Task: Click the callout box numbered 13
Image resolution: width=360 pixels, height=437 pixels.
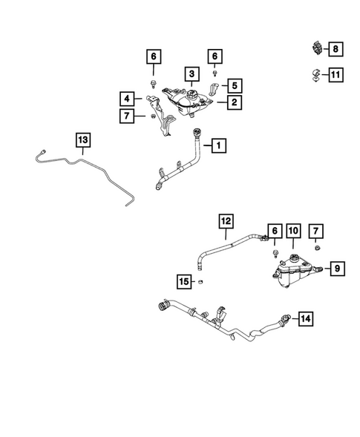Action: click(x=83, y=140)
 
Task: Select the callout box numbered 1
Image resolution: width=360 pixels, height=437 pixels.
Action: click(x=219, y=145)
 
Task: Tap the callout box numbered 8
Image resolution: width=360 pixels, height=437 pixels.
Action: click(x=336, y=49)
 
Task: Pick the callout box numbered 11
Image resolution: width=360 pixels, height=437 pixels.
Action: click(x=336, y=75)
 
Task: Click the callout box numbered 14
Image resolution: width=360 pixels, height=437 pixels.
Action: click(x=306, y=318)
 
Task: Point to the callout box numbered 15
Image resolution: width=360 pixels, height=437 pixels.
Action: click(x=184, y=281)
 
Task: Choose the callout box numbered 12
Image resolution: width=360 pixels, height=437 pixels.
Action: click(x=226, y=221)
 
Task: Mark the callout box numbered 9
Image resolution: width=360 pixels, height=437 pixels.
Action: click(x=338, y=269)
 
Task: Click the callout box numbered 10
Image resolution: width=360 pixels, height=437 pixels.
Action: click(x=293, y=231)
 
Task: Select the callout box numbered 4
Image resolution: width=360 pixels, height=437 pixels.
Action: click(x=127, y=99)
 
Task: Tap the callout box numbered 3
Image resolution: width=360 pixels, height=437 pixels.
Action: click(x=192, y=74)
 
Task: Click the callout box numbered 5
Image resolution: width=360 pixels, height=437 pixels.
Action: click(x=235, y=85)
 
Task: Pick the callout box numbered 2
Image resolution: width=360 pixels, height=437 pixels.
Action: click(x=235, y=102)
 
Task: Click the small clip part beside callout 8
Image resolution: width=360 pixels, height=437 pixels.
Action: click(x=316, y=48)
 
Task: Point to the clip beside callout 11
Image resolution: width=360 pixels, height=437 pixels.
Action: click(x=315, y=75)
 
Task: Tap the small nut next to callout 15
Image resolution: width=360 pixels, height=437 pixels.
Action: click(x=200, y=282)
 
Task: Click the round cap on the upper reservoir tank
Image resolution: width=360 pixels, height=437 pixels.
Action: click(x=192, y=93)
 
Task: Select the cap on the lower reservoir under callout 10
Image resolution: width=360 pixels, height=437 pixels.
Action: click(x=293, y=258)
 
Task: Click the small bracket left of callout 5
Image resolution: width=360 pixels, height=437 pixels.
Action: click(x=215, y=89)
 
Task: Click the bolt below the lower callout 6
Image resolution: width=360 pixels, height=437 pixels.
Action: click(x=275, y=254)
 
